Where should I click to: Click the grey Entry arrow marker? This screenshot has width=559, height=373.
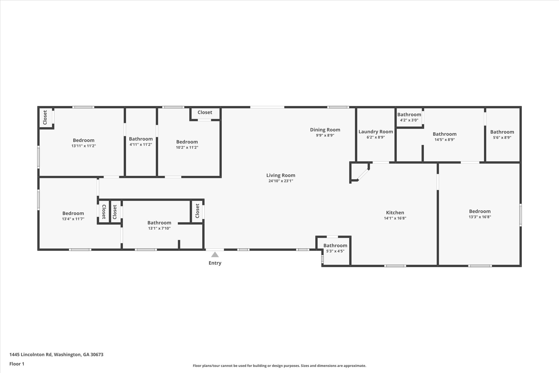(215, 254)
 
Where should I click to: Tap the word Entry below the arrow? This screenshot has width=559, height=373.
(215, 263)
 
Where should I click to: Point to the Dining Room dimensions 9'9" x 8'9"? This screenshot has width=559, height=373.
(325, 135)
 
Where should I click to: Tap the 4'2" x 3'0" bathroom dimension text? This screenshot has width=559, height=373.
(409, 120)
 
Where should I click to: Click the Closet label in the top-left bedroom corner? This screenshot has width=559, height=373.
(45, 118)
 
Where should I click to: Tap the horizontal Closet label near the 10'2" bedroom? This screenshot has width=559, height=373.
(205, 112)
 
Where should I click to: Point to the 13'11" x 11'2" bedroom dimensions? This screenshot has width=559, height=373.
(84, 146)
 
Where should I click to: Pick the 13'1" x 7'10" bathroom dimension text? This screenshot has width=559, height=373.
(159, 228)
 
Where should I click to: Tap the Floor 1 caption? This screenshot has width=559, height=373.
(17, 364)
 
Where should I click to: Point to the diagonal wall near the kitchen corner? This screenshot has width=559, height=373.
(364, 175)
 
